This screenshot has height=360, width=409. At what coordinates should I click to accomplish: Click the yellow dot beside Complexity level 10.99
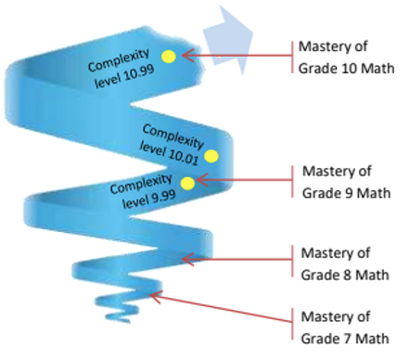(168, 57)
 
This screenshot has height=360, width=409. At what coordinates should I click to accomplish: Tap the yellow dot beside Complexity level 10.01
(211, 156)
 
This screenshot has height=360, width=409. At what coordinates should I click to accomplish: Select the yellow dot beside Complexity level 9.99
(187, 183)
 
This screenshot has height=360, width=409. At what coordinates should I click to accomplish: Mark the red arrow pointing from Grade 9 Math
(241, 181)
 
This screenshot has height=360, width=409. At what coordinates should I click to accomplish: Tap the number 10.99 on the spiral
(129, 78)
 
